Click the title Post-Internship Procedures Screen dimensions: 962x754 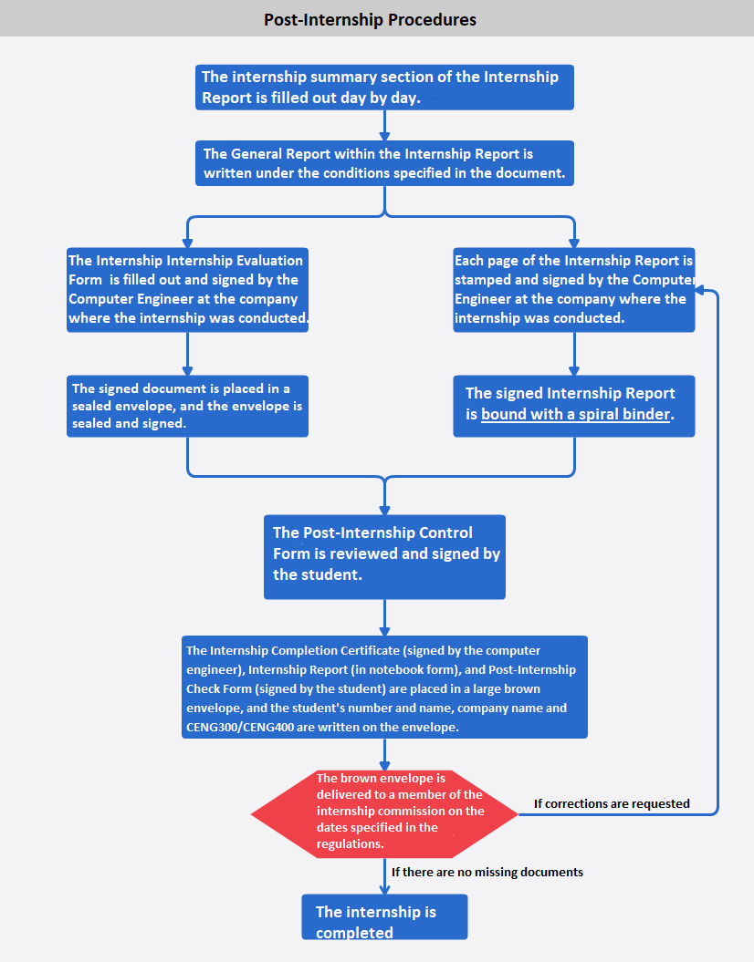[370, 19]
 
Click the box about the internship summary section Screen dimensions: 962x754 [384, 88]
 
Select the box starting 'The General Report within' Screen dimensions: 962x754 [384, 163]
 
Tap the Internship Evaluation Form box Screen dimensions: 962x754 [187, 289]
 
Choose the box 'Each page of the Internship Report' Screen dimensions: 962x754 [574, 289]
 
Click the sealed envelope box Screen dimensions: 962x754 [187, 406]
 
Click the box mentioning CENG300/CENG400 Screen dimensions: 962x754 [384, 688]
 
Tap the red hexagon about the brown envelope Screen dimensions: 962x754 [384, 812]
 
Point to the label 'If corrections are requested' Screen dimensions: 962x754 [612, 803]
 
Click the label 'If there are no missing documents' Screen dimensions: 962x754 [487, 872]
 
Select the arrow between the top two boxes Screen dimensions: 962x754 [384, 126]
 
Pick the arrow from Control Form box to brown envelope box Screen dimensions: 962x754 [384, 618]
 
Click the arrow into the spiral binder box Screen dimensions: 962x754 [574, 356]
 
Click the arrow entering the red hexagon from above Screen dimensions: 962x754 [384, 755]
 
